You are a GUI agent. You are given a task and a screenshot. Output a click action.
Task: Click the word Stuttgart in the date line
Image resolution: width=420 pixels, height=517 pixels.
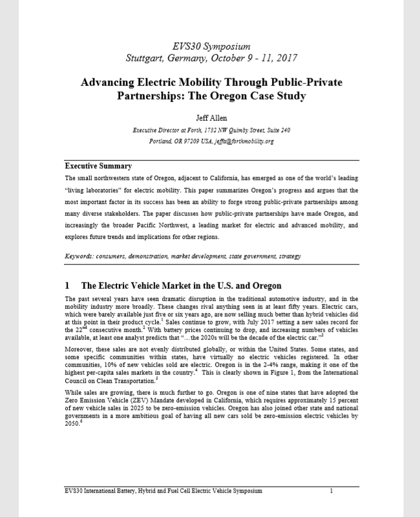coord(148,58)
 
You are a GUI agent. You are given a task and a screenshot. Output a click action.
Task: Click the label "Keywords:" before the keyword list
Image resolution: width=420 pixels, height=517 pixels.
coord(82,257)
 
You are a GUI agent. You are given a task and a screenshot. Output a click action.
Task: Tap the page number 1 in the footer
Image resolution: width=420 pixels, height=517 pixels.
coord(331,491)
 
